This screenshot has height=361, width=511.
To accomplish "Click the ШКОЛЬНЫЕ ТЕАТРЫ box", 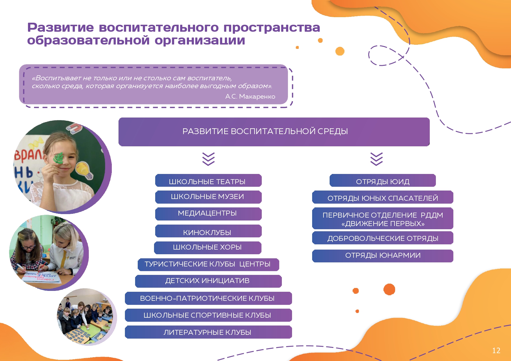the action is coord(208,180).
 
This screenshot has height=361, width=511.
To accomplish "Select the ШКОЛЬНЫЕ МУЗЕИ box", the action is coord(208,197).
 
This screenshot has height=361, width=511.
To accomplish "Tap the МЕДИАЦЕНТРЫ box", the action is coord(208,214).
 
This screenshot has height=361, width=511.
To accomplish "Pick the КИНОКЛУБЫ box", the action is coord(208,231).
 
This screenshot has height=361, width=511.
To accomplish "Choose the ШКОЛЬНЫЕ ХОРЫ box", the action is coord(208,248).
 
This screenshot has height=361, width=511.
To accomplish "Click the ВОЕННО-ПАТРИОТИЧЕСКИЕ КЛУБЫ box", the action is coord(208,298).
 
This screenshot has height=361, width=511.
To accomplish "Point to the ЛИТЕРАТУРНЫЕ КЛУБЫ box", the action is coord(208,332).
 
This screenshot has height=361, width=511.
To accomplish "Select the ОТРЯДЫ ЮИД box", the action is coord(383,180).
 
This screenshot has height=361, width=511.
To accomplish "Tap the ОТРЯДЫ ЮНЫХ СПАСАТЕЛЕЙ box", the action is coord(383,197).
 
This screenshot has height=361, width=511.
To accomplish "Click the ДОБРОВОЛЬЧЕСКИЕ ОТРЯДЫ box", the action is coord(383,238).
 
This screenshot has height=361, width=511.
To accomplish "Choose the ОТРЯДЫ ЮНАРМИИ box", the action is coord(383,256).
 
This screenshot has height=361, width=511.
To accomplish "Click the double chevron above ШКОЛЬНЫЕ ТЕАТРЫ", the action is coord(208,159).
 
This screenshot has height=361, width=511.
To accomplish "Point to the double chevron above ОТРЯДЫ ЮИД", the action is coord(376,159).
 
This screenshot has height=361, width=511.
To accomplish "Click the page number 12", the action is coord(496,351).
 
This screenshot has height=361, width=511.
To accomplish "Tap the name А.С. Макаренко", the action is coord(250,97).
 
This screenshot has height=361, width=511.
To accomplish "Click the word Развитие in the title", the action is coord(61,28).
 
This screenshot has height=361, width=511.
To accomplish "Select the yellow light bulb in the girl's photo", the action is coord(84,170).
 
